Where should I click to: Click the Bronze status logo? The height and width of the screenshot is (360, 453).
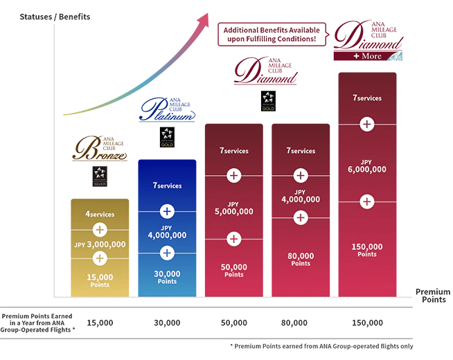100,147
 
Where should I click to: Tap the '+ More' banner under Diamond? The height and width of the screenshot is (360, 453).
367,55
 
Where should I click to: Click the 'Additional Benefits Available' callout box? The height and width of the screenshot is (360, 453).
271,34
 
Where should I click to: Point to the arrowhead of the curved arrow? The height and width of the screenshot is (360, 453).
204,19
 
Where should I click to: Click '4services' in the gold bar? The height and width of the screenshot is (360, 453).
100,214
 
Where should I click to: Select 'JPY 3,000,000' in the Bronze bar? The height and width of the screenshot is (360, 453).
100,244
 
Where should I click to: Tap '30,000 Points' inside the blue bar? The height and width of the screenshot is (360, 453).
167,277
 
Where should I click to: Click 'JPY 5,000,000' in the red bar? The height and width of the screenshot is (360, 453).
233,208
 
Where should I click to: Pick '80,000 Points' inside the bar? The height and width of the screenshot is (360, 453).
301,259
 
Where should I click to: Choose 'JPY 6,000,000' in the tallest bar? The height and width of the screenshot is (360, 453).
367,165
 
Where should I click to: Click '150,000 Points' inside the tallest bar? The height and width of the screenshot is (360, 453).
367,249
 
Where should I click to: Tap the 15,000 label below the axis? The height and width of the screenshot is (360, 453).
100,323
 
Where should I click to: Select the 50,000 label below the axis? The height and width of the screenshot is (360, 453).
233,323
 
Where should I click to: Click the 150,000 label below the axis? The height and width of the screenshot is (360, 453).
367,323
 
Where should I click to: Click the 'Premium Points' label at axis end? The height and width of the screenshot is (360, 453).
432,296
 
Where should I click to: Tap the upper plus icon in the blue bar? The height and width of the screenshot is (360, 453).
167,211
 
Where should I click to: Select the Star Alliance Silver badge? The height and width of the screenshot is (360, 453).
100,178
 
